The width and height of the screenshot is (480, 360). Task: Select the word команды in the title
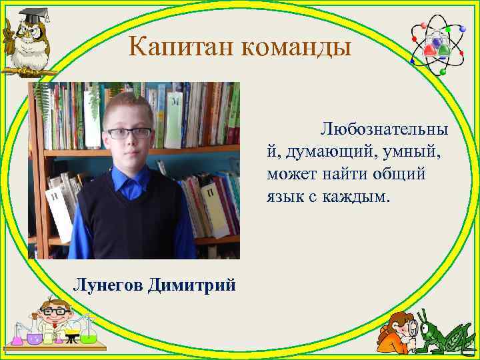[293, 47]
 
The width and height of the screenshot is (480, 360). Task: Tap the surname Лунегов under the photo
[107, 285]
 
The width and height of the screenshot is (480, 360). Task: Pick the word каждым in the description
[364, 198]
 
